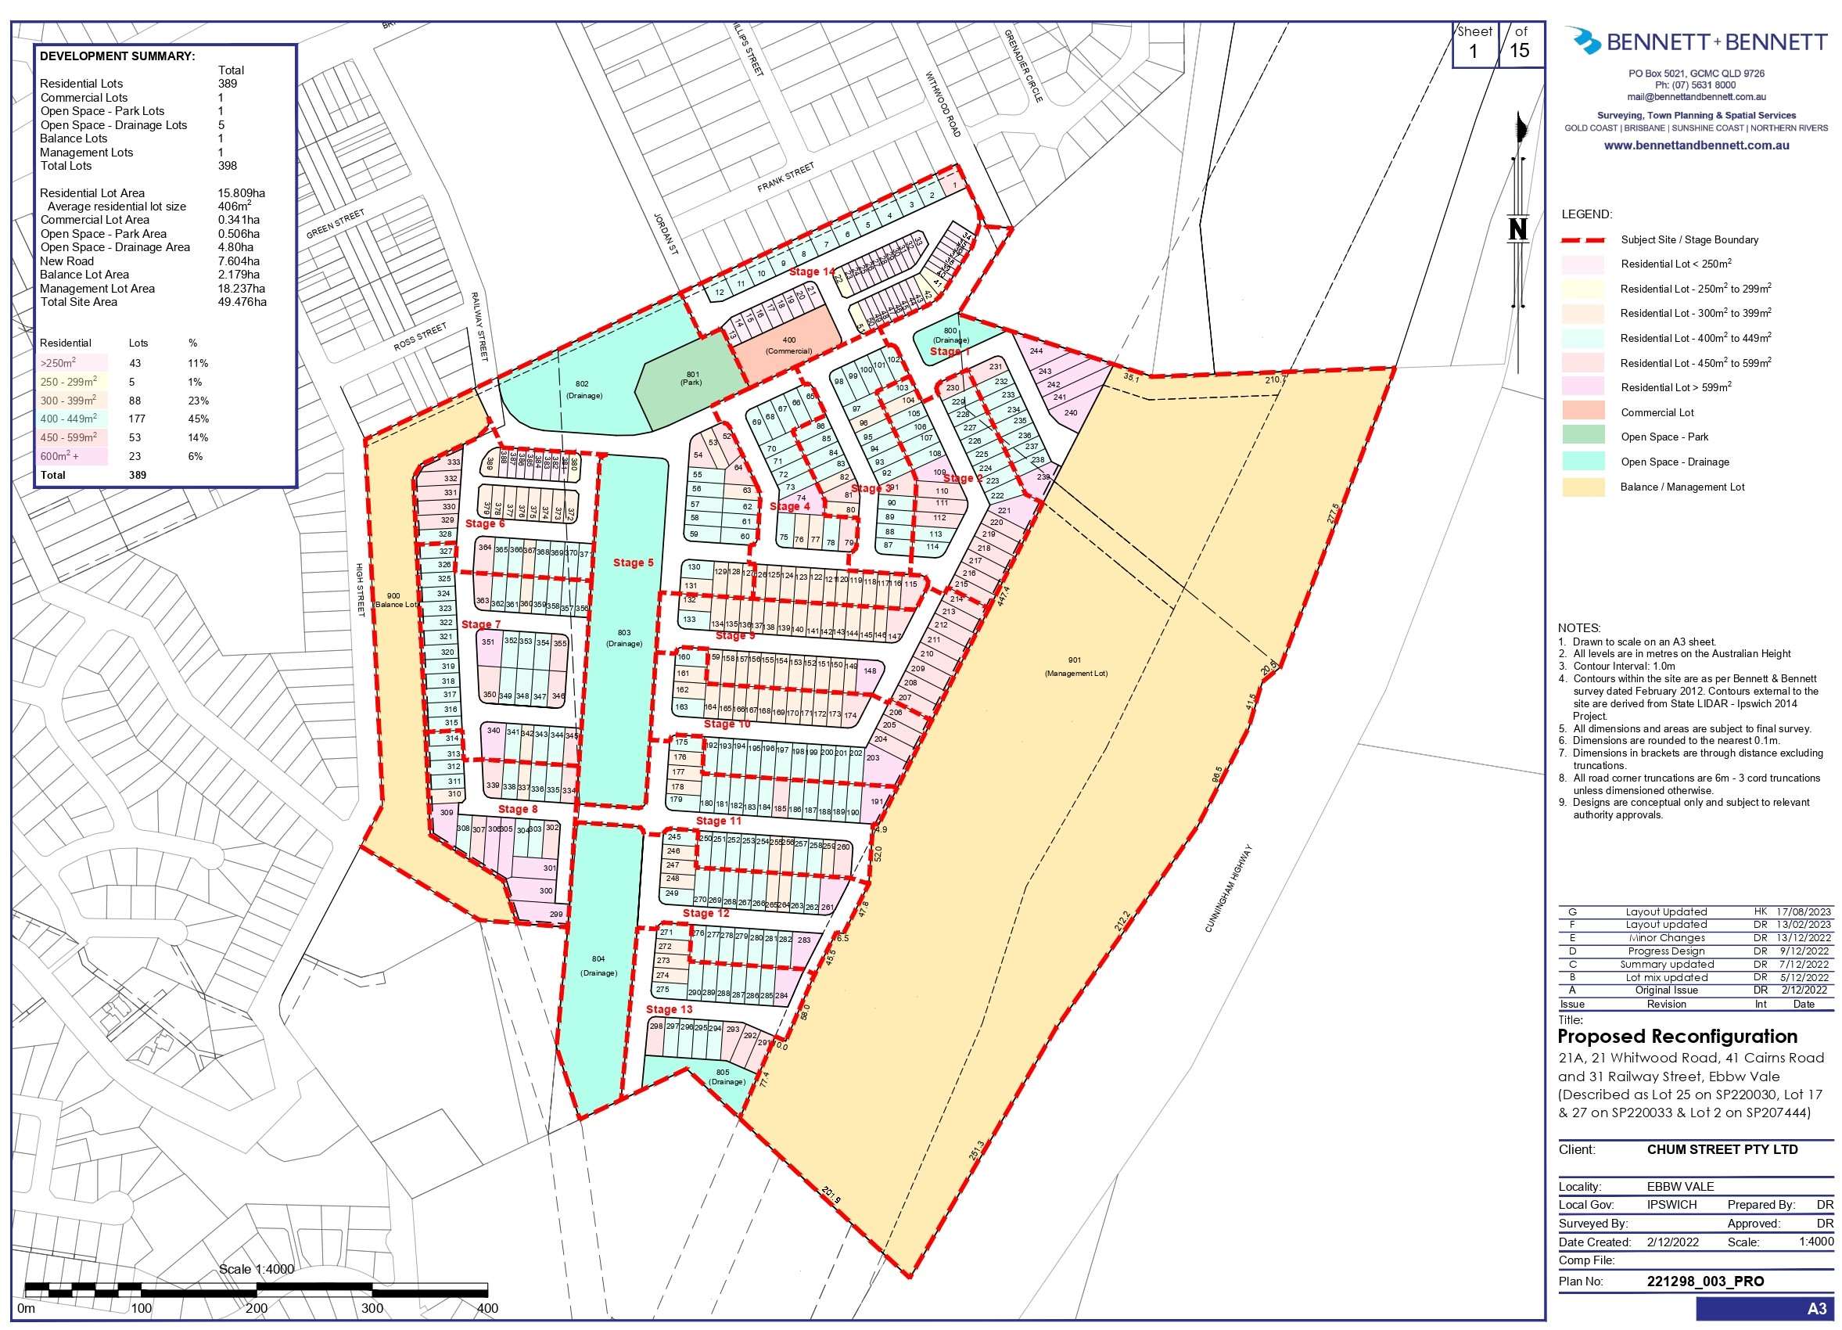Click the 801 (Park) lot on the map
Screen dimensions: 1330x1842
click(x=691, y=379)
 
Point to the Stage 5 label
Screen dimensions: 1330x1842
click(x=633, y=563)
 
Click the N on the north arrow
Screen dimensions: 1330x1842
click(x=1517, y=230)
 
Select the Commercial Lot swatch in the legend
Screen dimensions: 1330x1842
click(x=1582, y=412)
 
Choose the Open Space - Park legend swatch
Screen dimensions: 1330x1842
click(x=1582, y=437)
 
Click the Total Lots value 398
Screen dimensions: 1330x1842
click(x=228, y=166)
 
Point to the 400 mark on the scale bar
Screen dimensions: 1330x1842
click(x=487, y=1308)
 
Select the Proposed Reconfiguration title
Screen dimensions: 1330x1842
click(x=1677, y=1037)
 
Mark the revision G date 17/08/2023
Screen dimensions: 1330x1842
click(x=1802, y=911)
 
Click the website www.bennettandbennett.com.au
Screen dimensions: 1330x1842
click(x=1696, y=146)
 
